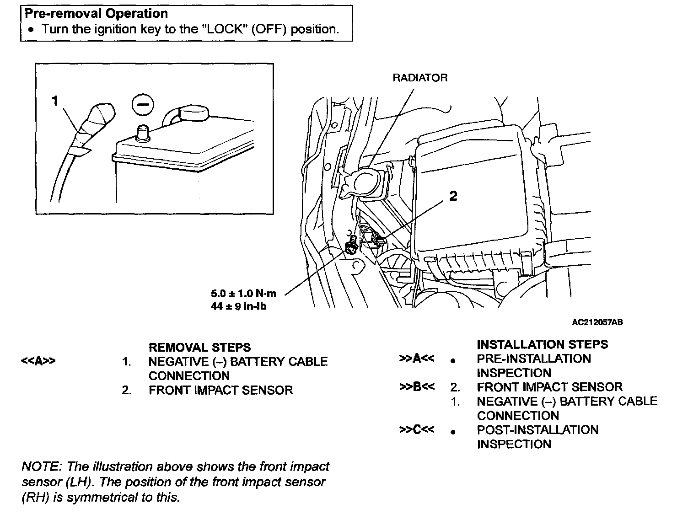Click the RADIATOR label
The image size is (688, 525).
[419, 78]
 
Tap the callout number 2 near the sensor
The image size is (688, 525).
[453, 196]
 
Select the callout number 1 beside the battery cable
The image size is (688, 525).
[55, 101]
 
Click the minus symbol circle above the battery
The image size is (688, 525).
[143, 105]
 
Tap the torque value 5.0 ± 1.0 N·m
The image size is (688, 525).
[244, 294]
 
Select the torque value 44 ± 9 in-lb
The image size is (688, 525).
[238, 306]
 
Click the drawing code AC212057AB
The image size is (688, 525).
[597, 322]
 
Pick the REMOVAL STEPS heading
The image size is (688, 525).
[199, 348]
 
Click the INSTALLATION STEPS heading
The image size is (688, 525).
[542, 344]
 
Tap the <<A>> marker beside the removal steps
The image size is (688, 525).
[38, 361]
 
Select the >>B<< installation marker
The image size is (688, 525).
[417, 387]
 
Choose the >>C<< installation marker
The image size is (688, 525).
[417, 430]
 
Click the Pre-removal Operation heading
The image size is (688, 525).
[96, 14]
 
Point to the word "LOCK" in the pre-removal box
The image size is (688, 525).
[224, 29]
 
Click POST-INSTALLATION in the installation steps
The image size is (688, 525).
[537, 430]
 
